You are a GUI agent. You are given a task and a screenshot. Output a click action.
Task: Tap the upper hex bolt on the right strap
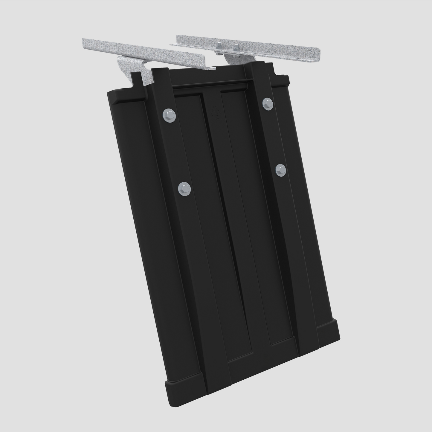click(268, 103)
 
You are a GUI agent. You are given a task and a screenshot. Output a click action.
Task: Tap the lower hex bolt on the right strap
click(281, 170)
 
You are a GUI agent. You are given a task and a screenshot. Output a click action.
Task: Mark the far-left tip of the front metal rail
click(84, 42)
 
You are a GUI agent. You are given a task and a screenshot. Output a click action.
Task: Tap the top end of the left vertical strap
click(160, 72)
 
